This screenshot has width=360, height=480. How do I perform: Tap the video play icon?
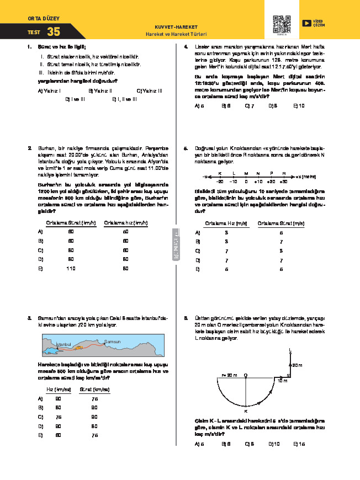click(x=307, y=23)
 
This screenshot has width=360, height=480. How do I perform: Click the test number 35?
click(x=54, y=32)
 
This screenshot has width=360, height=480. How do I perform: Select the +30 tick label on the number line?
click(x=284, y=181)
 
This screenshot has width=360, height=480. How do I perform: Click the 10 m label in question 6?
click(x=282, y=381)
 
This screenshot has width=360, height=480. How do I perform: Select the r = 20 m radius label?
click(x=229, y=375)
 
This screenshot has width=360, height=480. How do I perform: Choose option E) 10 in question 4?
click(x=299, y=105)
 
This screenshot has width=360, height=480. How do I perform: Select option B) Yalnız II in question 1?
click(x=99, y=90)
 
